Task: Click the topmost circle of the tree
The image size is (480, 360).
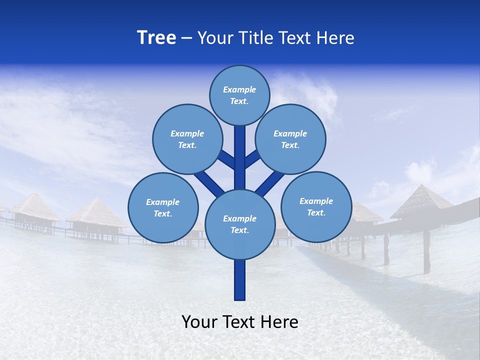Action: (239, 95)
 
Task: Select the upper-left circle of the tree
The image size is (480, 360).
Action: (187, 139)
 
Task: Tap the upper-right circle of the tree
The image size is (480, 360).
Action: (290, 139)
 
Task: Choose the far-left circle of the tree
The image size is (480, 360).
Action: (163, 207)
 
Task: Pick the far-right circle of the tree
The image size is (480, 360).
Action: (316, 206)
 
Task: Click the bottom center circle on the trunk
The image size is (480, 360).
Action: (240, 224)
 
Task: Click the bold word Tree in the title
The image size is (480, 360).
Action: (156, 37)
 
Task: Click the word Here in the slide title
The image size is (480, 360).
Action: (335, 38)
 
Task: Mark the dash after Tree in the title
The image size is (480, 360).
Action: (186, 38)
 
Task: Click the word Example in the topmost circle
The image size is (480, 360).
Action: (239, 89)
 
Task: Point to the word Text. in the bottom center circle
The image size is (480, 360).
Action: (239, 230)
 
